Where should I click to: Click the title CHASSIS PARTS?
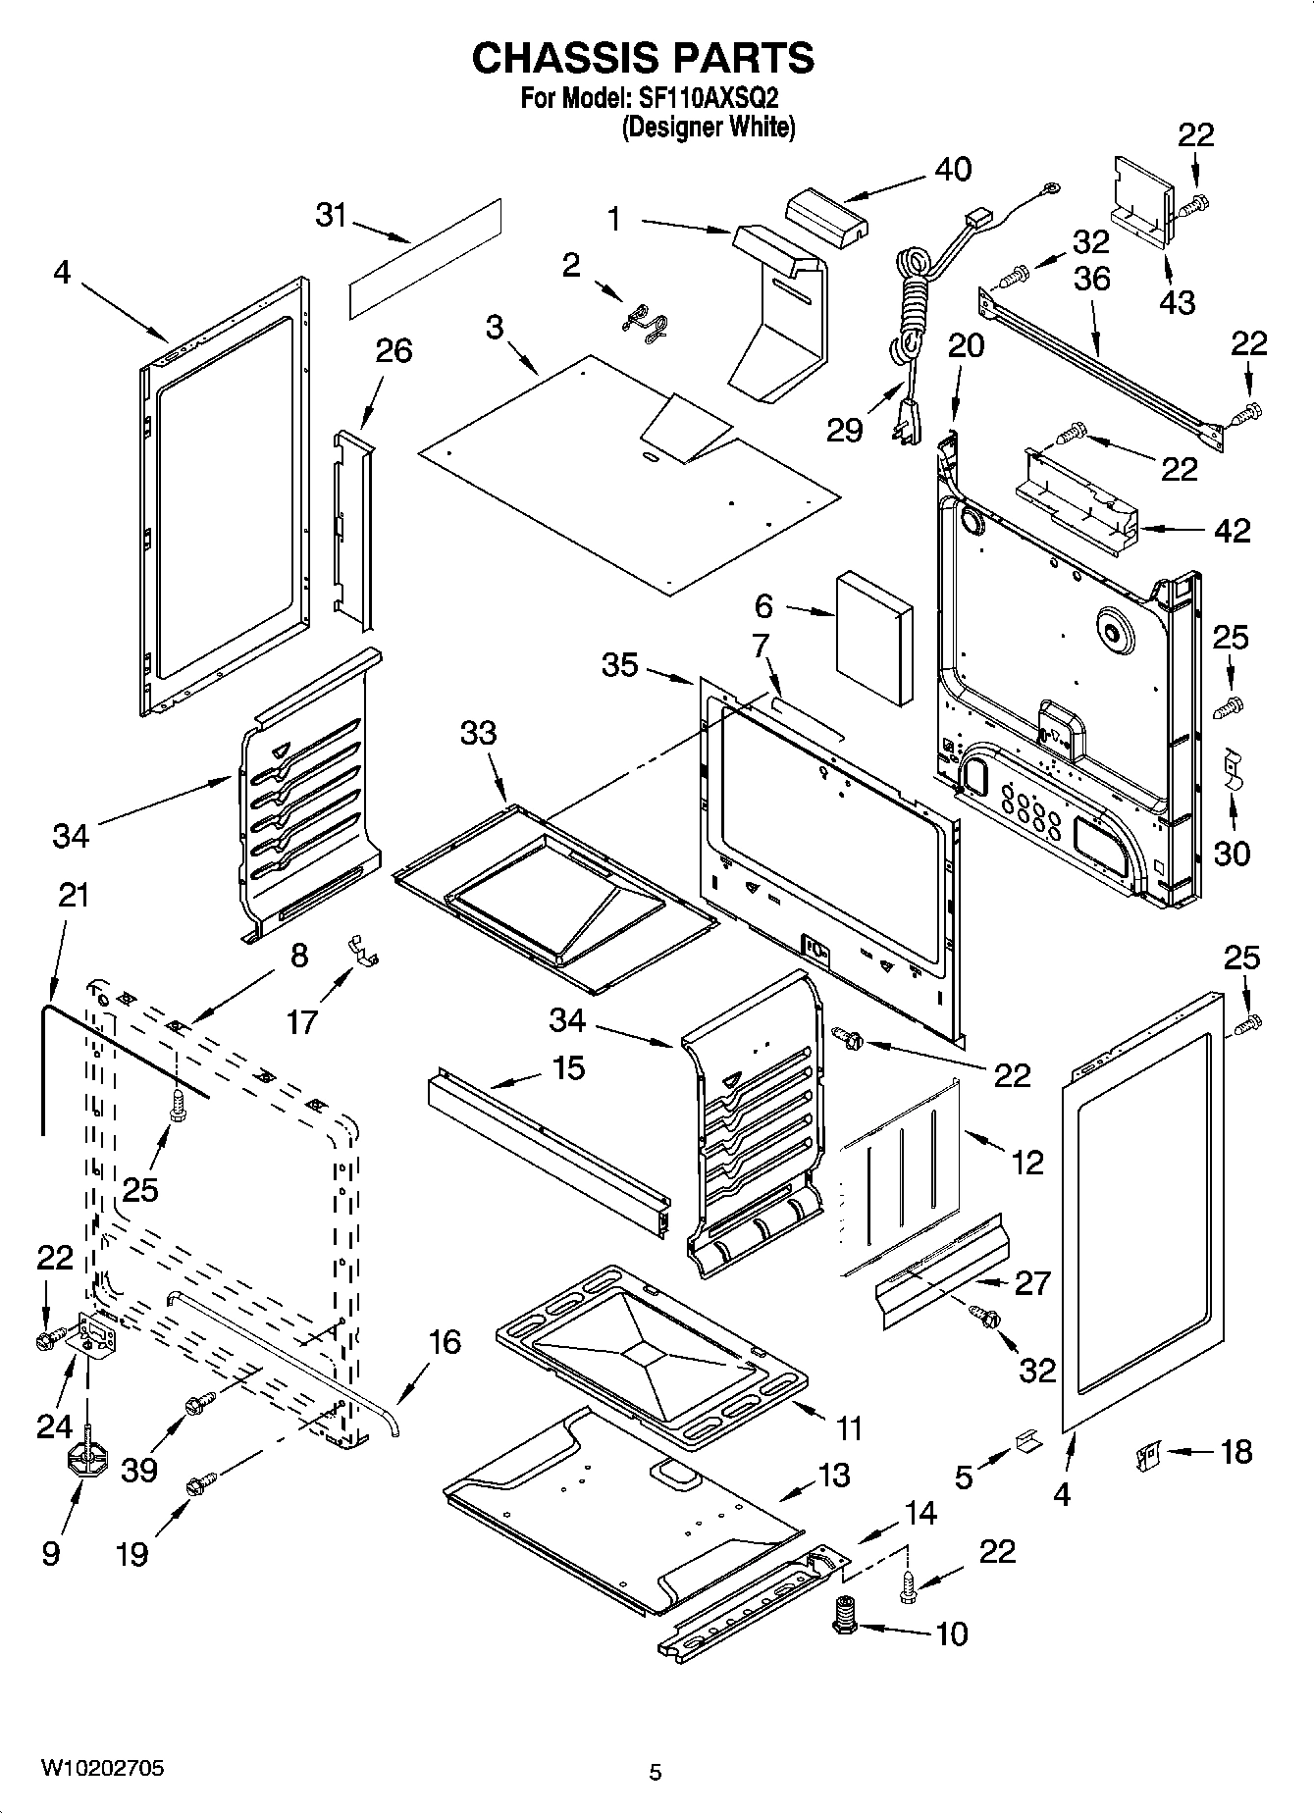pyautogui.click(x=643, y=59)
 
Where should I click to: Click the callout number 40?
pyautogui.click(x=952, y=169)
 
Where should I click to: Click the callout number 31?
pyautogui.click(x=332, y=215)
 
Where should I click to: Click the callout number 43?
pyautogui.click(x=1178, y=301)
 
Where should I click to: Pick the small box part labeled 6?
pyautogui.click(x=873, y=639)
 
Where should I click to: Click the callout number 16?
pyautogui.click(x=446, y=1341)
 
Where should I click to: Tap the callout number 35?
pyautogui.click(x=620, y=664)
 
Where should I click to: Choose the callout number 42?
pyautogui.click(x=1233, y=530)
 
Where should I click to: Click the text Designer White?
pyautogui.click(x=708, y=128)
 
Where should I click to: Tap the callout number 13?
pyautogui.click(x=834, y=1475)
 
